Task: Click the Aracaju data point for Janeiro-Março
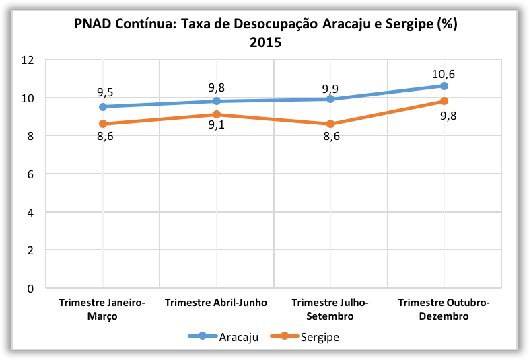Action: (102, 106)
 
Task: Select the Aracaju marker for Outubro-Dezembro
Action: (444, 85)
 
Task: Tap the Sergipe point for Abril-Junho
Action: (217, 114)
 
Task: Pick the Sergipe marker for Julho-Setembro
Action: (330, 124)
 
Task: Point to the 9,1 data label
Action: (217, 126)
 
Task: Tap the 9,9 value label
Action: (330, 88)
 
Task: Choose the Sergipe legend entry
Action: (317, 337)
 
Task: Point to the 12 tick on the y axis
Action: (28, 60)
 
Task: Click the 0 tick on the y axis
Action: (30, 289)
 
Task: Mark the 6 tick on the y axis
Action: (30, 174)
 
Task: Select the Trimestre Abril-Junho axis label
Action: (216, 303)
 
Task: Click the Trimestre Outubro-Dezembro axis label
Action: (444, 309)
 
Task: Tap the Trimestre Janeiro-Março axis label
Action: (102, 309)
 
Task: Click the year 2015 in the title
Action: (265, 42)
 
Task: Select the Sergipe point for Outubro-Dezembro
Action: (444, 101)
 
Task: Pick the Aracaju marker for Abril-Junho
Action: (217, 101)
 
